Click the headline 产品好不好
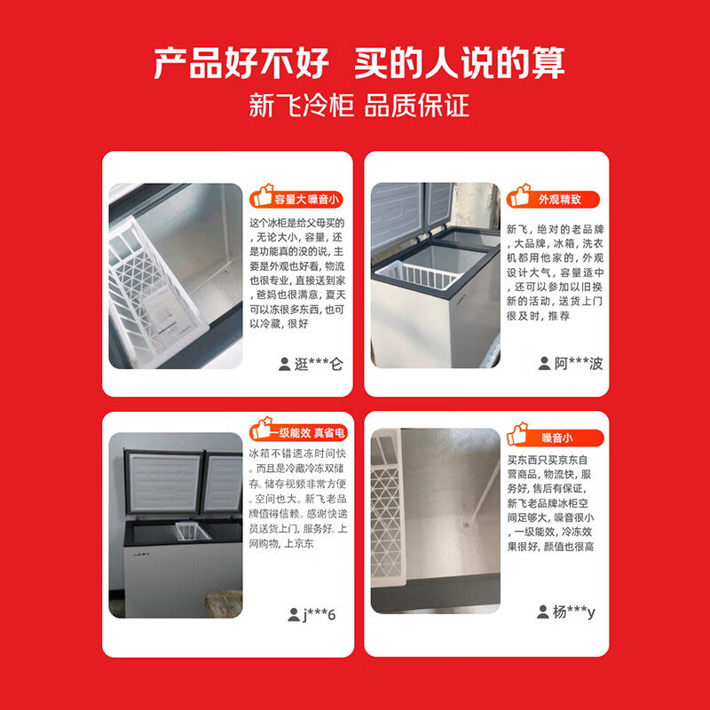[x=241, y=63]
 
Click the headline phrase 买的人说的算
[x=460, y=63]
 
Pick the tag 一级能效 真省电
[x=310, y=432]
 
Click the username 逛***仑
[x=318, y=363]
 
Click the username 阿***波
[x=579, y=363]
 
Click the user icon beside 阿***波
[x=544, y=363]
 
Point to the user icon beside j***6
[x=294, y=615]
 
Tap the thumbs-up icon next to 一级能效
[x=262, y=430]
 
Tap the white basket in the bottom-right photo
[x=395, y=515]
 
